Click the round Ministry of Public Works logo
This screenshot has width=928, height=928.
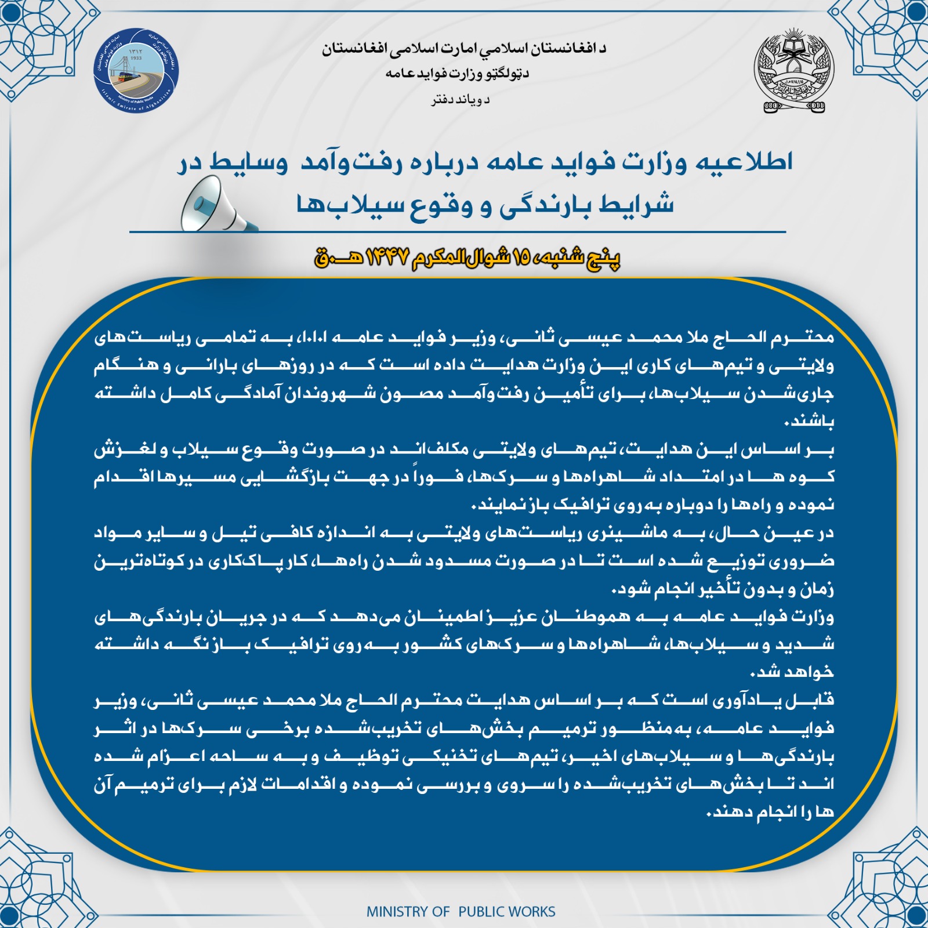tap(136, 70)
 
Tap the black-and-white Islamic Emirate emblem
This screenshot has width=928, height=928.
tap(794, 71)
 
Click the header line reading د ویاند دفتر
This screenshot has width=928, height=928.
tap(460, 100)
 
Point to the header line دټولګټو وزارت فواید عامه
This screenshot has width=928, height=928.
tap(457, 74)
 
